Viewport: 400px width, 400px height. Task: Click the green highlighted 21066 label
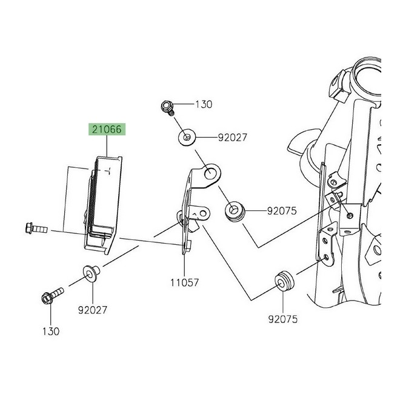click(x=107, y=129)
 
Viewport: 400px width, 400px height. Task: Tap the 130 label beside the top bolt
click(x=204, y=104)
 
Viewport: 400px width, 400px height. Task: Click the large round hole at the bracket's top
click(x=210, y=175)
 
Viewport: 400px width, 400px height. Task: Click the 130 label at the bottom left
click(x=50, y=331)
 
